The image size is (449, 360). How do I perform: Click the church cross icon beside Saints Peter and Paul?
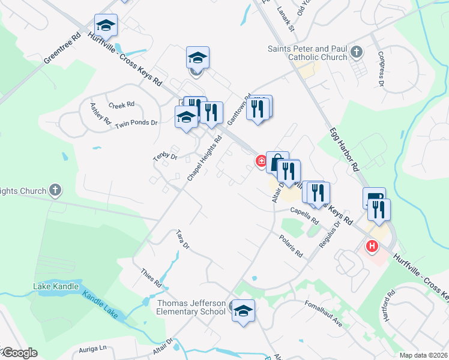tap(357, 52)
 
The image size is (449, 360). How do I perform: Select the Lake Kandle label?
tap(56, 286)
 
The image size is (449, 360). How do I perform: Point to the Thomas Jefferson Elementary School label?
tap(191, 307)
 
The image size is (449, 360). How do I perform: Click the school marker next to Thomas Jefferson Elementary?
tap(243, 311)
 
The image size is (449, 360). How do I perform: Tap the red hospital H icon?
tap(372, 245)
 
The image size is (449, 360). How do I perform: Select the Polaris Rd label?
tap(291, 246)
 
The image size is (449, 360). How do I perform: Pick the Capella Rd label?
tap(304, 216)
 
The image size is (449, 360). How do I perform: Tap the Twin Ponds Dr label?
tap(136, 123)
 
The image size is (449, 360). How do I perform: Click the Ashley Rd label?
tap(100, 113)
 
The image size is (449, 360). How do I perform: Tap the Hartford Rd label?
tap(388, 305)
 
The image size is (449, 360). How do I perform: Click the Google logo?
tap(19, 353)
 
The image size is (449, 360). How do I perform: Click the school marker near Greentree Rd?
tap(106, 26)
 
